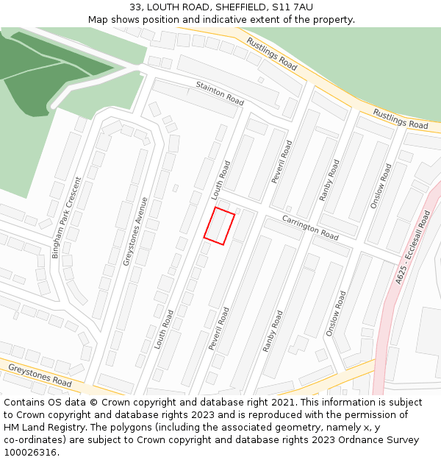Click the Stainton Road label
(x=220, y=94)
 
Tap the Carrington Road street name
(x=311, y=228)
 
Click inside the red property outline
(x=219, y=226)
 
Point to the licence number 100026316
(x=30, y=453)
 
